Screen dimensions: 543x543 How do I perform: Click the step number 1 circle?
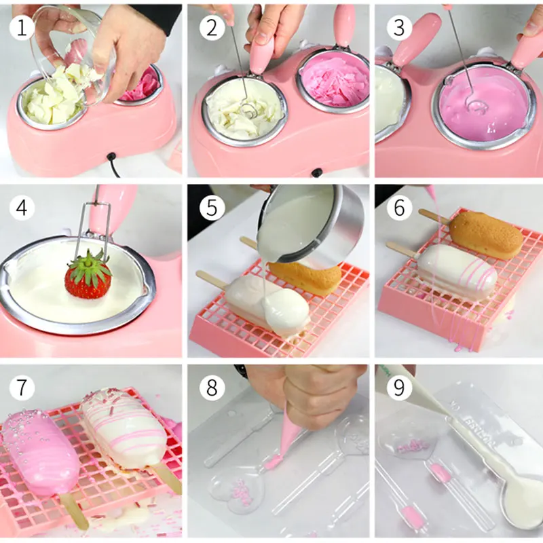[22, 28]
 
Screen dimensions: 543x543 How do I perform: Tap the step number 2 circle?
[212, 28]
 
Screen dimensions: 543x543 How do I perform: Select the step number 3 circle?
[399, 28]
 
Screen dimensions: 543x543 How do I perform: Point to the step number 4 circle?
[22, 208]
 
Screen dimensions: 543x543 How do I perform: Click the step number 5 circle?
[212, 208]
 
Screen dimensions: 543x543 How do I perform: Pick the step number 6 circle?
[399, 208]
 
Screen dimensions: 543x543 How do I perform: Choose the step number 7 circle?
[22, 388]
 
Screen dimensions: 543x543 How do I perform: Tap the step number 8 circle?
[212, 388]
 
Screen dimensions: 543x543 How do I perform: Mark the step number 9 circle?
[399, 388]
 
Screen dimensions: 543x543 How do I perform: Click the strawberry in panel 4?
[88, 277]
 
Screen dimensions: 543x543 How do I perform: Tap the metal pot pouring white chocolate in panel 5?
[310, 225]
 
